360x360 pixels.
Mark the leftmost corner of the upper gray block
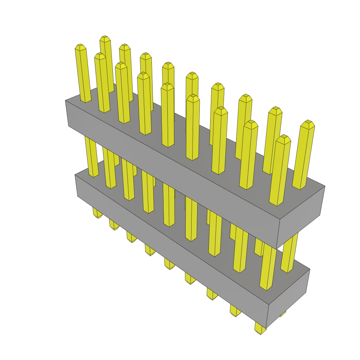point(65,101)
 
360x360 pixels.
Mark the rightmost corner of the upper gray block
point(325,186)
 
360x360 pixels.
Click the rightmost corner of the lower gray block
point(310,270)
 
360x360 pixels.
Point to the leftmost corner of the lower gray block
point(75,175)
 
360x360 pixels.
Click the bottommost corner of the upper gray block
point(277,249)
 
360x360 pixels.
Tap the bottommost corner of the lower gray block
point(266,328)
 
